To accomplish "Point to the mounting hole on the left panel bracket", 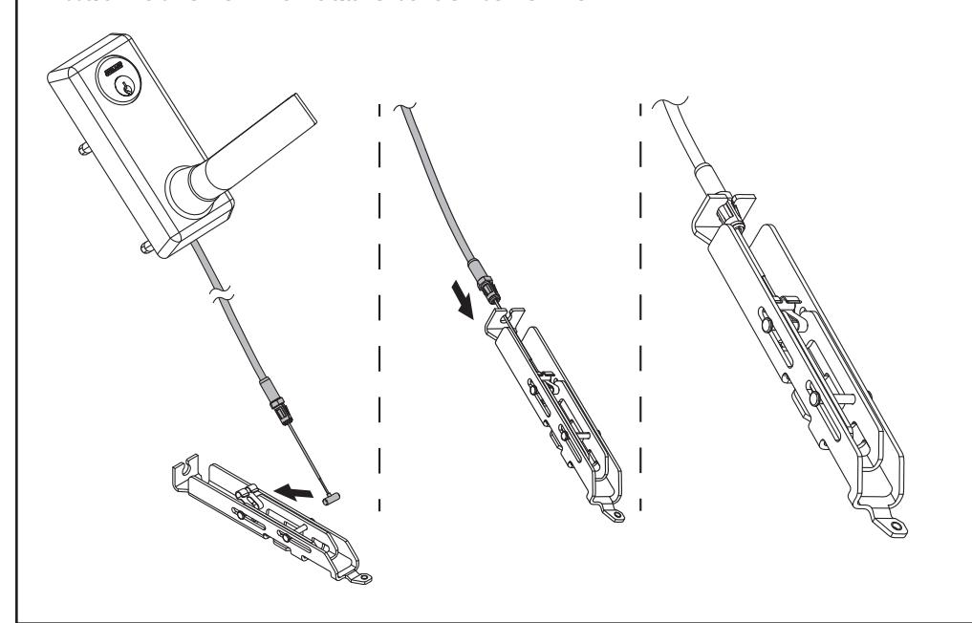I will pyautogui.click(x=366, y=576).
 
